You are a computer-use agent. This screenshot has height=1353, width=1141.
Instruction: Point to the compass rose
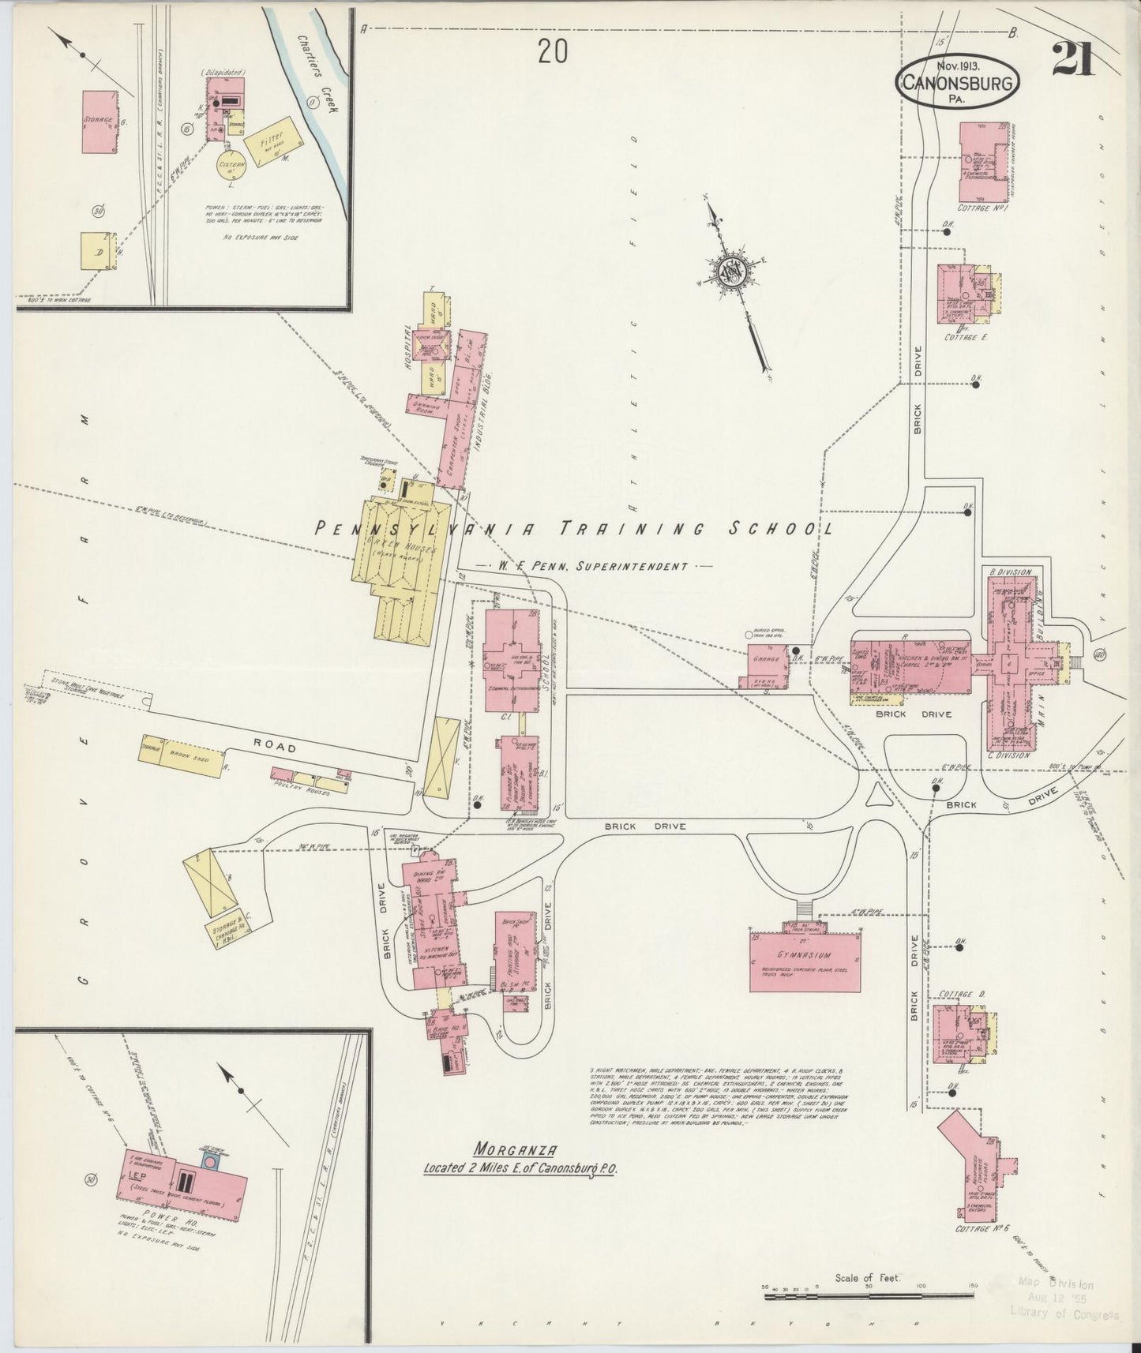point(731,272)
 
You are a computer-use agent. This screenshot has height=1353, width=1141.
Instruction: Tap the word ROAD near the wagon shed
point(275,747)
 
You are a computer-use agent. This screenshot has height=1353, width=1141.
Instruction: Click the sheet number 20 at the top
point(552,52)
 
